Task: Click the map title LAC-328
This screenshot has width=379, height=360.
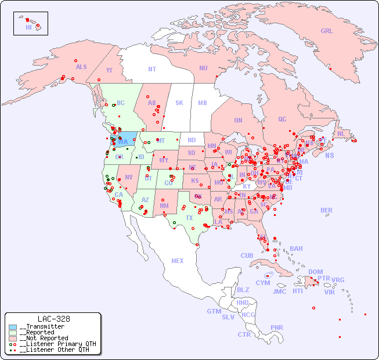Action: tap(53, 319)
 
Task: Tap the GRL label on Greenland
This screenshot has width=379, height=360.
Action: tap(327, 31)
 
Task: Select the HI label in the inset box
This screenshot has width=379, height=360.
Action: tap(28, 27)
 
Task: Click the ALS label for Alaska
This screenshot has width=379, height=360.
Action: tap(81, 67)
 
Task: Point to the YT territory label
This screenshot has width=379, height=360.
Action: tap(109, 70)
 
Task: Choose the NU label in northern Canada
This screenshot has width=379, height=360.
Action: tap(203, 68)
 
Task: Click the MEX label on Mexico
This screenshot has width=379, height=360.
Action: tap(178, 261)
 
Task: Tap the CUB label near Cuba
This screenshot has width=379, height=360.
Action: tap(247, 255)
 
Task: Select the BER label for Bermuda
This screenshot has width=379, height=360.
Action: tap(327, 210)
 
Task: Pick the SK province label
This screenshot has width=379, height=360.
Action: tap(179, 103)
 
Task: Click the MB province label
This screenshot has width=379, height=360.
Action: tap(203, 103)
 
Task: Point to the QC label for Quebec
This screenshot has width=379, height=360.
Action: tap(282, 119)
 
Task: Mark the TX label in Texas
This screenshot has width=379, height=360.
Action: tap(189, 218)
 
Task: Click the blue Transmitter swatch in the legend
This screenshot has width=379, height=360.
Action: tap(13, 327)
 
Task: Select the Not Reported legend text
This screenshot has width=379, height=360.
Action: tap(44, 338)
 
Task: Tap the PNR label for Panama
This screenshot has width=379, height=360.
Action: tap(277, 327)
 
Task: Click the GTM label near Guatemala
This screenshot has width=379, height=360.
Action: tap(214, 311)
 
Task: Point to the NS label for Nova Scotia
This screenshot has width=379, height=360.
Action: tap(329, 156)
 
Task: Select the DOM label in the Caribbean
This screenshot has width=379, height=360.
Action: tap(315, 272)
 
